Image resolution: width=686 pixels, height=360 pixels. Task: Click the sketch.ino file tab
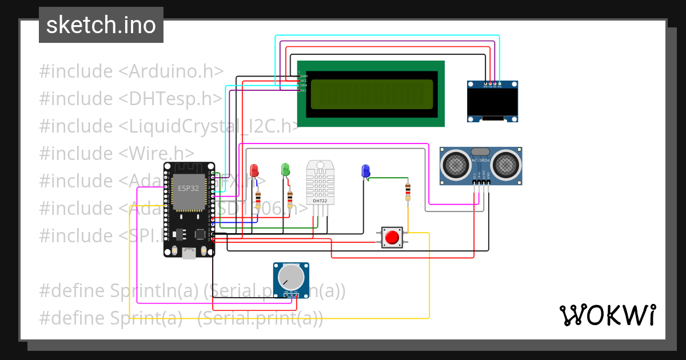[101, 25]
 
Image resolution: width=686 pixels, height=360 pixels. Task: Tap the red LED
[254, 170]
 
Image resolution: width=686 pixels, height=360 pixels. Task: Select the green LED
[286, 169]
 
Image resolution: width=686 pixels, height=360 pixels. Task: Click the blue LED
[366, 170]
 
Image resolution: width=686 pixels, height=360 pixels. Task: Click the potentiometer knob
[291, 278]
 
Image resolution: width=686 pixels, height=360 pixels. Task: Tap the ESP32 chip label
[188, 189]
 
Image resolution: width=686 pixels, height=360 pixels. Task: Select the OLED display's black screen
[492, 102]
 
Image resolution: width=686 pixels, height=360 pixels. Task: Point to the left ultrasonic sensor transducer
[456, 165]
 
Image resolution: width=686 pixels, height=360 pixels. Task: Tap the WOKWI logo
[607, 315]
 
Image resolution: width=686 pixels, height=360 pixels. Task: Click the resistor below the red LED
[258, 199]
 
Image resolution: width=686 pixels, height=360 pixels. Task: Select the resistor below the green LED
[290, 199]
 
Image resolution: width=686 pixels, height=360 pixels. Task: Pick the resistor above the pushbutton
[408, 191]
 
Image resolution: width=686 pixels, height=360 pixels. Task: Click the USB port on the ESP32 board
[189, 253]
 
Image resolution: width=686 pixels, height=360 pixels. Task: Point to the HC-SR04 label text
[481, 160]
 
